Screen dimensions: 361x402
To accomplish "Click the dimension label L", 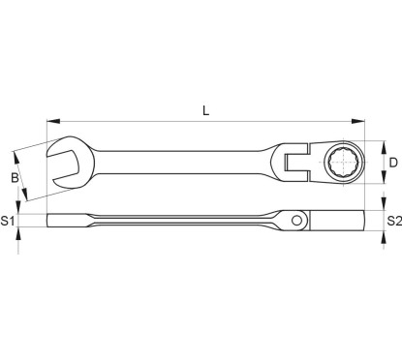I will click(x=205, y=110).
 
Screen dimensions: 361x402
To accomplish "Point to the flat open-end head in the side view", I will click(x=68, y=219).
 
